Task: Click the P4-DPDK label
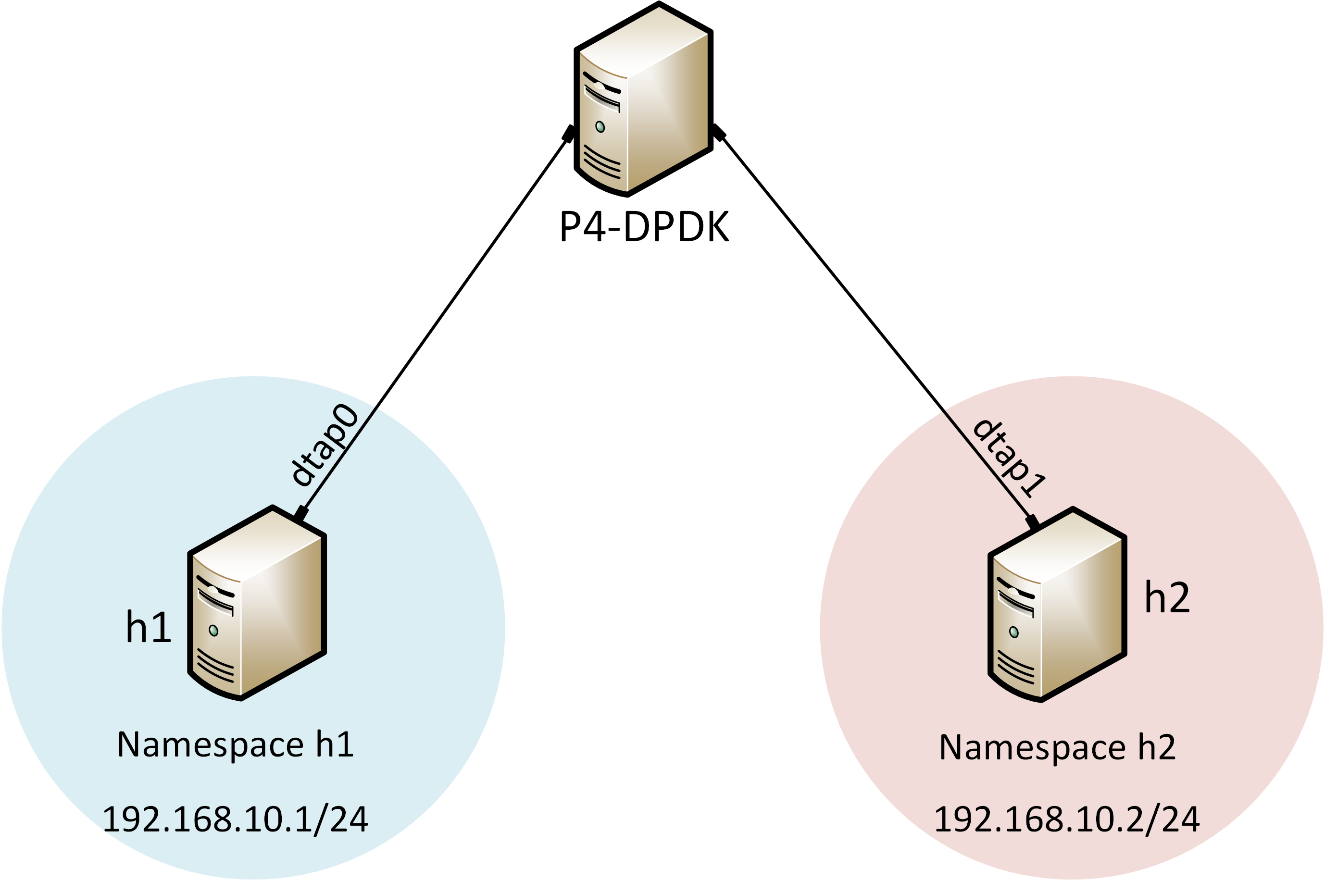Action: (644, 227)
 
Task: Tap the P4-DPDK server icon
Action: (643, 100)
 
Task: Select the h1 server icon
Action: (257, 603)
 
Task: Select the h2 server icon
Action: (1057, 605)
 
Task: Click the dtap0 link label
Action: (325, 445)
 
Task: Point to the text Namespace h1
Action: (235, 745)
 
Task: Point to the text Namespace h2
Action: (1058, 747)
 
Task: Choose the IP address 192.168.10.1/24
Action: (235, 819)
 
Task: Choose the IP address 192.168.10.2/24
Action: (1067, 819)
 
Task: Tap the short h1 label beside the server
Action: (148, 626)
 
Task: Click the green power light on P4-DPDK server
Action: (600, 127)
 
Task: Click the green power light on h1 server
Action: (213, 630)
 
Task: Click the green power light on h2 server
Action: (1014, 632)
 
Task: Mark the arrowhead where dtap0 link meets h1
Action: (301, 513)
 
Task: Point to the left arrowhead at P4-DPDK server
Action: (568, 134)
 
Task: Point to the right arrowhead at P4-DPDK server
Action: (719, 133)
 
